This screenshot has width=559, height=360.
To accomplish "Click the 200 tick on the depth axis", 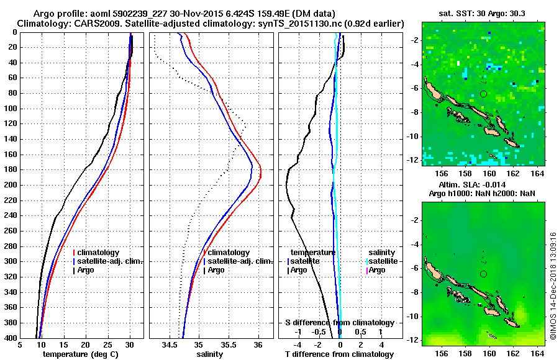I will click(12, 185).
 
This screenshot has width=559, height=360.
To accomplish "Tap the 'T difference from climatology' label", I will click(339, 354).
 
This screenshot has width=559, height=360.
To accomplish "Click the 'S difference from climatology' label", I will click(339, 323).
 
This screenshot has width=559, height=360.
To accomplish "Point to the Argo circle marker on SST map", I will click(483, 94).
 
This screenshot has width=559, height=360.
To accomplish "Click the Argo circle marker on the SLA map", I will click(483, 274).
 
